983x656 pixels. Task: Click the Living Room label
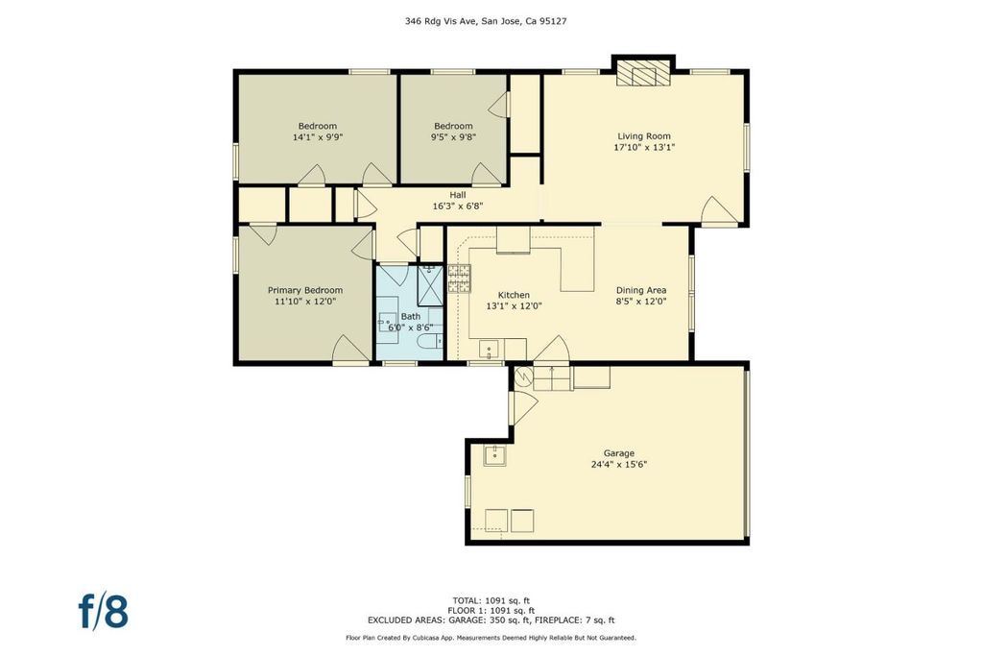[644, 136]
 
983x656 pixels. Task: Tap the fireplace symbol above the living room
[643, 73]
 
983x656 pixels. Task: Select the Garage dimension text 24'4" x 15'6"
[619, 465]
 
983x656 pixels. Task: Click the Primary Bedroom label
[305, 290]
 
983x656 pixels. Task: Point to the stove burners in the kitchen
[459, 279]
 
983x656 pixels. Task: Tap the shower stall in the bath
[430, 285]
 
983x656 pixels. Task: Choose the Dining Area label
[641, 290]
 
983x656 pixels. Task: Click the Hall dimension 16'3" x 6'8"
[458, 206]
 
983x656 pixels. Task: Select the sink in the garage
[494, 454]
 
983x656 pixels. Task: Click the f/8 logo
[104, 612]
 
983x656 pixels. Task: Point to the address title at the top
[486, 21]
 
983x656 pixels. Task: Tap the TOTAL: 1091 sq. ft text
[491, 601]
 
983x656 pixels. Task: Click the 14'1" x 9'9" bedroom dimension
[318, 136]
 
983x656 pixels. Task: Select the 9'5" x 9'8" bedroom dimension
[453, 136]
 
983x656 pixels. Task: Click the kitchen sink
[489, 349]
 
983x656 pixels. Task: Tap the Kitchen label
[515, 296]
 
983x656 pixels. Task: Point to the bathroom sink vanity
[388, 320]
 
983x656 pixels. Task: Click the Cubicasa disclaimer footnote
[491, 638]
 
